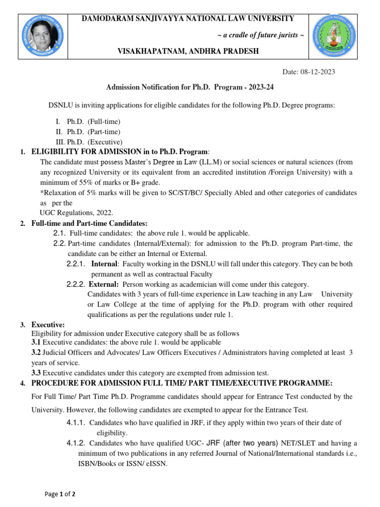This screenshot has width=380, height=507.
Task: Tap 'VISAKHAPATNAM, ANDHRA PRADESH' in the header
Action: point(188,52)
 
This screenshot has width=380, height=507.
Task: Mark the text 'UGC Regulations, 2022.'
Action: point(76,212)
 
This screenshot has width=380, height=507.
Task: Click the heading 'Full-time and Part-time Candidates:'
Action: point(90,224)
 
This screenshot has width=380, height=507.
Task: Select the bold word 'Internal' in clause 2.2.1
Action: point(104,264)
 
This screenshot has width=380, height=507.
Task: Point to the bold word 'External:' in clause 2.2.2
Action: point(103,284)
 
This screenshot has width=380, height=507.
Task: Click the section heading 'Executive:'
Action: point(48,325)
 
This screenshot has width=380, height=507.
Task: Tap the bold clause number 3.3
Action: point(36,373)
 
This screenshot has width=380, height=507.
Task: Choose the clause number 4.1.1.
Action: point(76,422)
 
